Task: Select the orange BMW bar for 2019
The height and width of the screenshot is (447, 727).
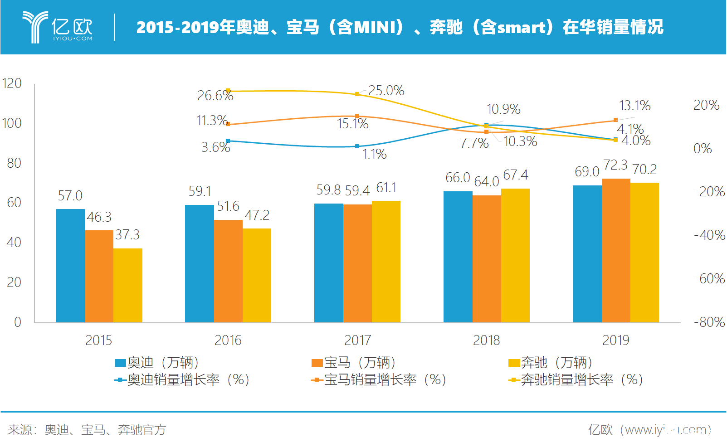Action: point(616,250)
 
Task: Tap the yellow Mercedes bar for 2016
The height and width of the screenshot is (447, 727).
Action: point(257,275)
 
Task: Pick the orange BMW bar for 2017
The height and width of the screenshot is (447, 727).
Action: point(357,263)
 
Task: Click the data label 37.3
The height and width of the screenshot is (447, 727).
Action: point(127,235)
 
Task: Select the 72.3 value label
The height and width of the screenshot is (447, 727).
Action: point(615,165)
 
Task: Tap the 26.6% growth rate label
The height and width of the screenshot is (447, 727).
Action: point(215,96)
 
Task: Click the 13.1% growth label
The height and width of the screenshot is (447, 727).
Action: point(634,106)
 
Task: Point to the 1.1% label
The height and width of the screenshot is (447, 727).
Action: point(374,155)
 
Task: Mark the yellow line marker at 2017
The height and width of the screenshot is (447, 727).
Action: point(357,94)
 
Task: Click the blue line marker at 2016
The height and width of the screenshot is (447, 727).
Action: point(228,141)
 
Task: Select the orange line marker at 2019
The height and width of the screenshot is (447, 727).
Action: point(615,120)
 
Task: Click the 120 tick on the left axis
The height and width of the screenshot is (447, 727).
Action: point(12,83)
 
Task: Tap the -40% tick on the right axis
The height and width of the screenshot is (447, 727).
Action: point(709,235)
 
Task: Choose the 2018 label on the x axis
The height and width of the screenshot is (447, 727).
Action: point(486,340)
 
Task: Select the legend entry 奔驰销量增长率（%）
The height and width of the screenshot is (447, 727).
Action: point(576,380)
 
